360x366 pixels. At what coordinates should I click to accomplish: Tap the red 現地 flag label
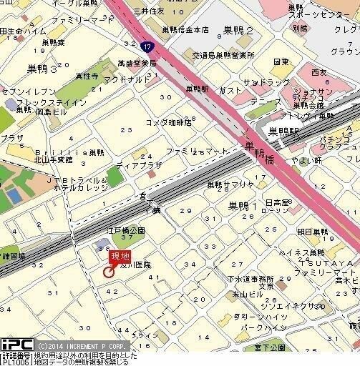[x=119, y=257]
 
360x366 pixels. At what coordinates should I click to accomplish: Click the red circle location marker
[x=108, y=272]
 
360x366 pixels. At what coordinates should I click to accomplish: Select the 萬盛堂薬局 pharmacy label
[x=137, y=64]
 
